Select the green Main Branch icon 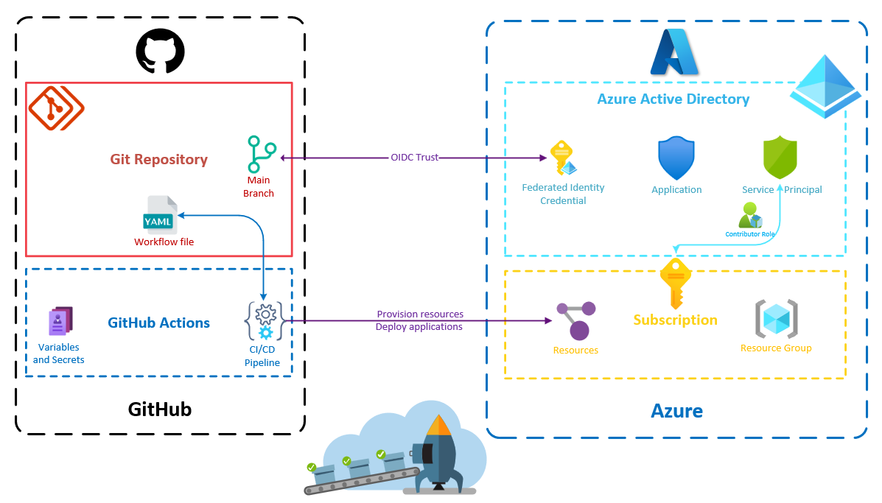[x=261, y=154]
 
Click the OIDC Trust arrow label [x=414, y=157]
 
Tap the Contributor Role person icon [x=750, y=215]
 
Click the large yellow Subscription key [x=675, y=283]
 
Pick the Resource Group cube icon [x=776, y=319]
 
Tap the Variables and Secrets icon [x=60, y=322]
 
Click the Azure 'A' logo [x=674, y=52]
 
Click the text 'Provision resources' [x=420, y=314]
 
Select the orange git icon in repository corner [x=56, y=108]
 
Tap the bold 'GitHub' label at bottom [x=160, y=409]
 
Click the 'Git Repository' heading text [x=159, y=159]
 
